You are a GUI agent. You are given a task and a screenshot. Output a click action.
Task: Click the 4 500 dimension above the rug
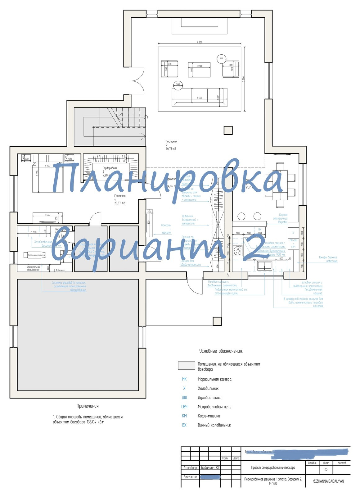[200, 42]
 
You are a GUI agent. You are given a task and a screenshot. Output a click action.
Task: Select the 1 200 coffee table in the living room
[199, 70]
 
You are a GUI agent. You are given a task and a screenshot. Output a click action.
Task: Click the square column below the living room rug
[228, 130]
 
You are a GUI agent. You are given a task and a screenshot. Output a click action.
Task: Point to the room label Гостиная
[171, 142]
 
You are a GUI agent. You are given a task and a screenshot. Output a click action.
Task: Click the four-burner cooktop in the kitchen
[238, 250]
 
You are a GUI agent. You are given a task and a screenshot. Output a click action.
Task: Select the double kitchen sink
[264, 265]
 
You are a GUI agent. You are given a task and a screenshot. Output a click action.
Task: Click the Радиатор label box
[60, 270]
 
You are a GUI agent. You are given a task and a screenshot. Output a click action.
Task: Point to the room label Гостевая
[120, 196]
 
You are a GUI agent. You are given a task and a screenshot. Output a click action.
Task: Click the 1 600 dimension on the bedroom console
[47, 215]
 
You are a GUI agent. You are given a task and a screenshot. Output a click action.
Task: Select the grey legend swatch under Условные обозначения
[186, 366]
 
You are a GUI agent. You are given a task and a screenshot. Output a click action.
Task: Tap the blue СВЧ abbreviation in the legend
[184, 407]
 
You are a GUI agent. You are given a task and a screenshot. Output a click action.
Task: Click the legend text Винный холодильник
[214, 425]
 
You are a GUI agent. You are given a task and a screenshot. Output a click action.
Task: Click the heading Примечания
[88, 406]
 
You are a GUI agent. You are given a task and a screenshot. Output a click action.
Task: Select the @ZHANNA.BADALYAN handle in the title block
[328, 481]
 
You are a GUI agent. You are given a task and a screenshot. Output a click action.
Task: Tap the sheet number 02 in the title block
[326, 470]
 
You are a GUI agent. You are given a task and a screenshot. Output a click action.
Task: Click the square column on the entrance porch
[217, 321]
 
